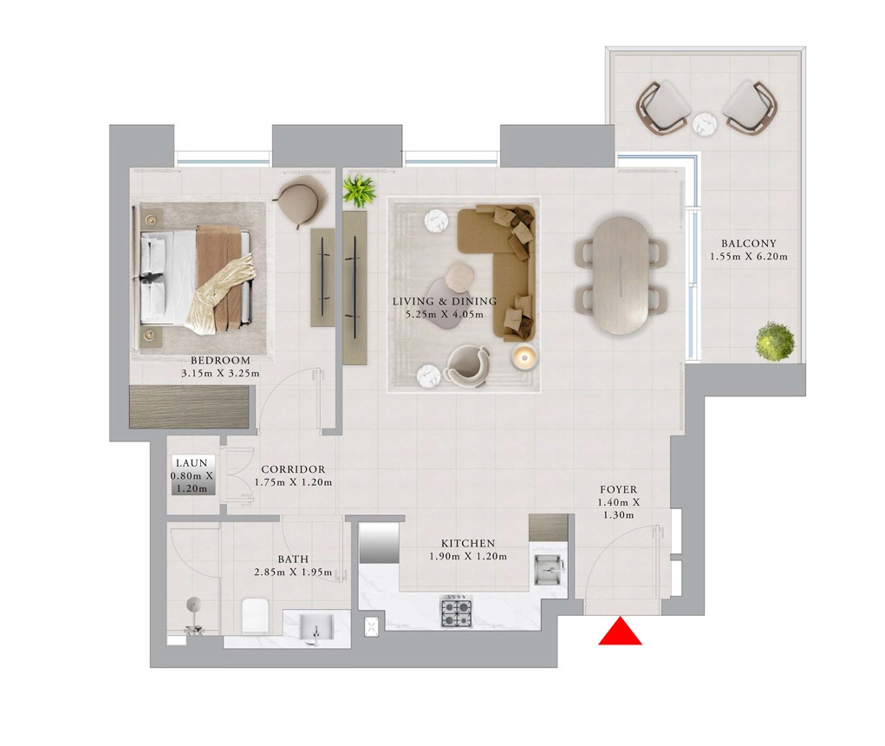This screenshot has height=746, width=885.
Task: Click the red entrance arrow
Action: coord(620,631)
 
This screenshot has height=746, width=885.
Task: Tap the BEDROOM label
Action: coord(219,360)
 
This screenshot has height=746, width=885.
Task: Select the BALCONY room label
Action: coord(748,244)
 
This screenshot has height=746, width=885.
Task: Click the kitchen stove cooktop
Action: coord(456,612)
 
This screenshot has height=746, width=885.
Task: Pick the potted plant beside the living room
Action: coord(359,190)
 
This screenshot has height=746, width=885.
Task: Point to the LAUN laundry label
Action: coord(191,463)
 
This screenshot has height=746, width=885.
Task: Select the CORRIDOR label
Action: coord(293,469)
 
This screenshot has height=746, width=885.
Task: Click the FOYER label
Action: coord(618,489)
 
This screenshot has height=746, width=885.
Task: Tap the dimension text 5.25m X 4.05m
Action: coord(444,314)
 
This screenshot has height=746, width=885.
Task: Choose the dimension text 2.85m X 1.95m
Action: coord(293,573)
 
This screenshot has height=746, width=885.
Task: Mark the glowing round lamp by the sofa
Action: coord(524,357)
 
